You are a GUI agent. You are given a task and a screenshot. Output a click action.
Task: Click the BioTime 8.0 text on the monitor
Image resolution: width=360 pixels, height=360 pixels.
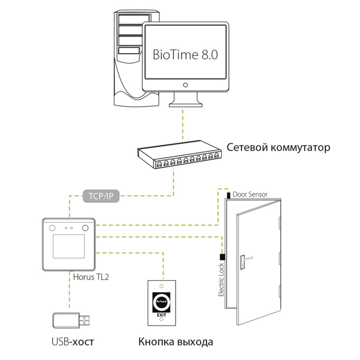coord(185,55)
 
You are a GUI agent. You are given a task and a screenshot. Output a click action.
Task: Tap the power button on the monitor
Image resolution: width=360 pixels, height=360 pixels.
coord(185,85)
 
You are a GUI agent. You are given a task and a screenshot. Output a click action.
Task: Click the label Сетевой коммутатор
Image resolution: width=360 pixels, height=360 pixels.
coord(279,147)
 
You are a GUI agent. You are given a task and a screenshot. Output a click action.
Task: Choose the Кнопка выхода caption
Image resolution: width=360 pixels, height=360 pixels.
coord(176,342)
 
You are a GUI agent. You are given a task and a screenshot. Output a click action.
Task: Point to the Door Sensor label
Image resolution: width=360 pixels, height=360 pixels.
coord(250,194)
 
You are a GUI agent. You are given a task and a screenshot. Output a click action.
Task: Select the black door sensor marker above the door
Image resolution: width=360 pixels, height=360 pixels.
coord(229,195)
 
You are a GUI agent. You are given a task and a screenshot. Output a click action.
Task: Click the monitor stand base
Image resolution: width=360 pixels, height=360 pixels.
coord(185,104)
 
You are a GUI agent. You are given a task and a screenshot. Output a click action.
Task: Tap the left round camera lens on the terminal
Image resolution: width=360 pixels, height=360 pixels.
coord(52,227)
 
